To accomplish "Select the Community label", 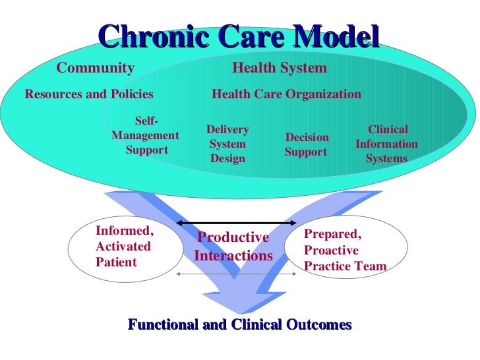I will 95,68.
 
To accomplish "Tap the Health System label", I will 280,68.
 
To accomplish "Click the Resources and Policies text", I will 89,94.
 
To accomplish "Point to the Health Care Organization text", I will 286,94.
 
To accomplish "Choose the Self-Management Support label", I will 145,136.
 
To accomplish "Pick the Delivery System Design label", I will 227,144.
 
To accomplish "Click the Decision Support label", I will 307,144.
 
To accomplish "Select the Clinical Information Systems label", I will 386,144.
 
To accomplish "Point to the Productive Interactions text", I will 233,246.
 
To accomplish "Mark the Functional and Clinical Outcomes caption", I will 239,324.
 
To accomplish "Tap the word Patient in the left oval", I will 116,262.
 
